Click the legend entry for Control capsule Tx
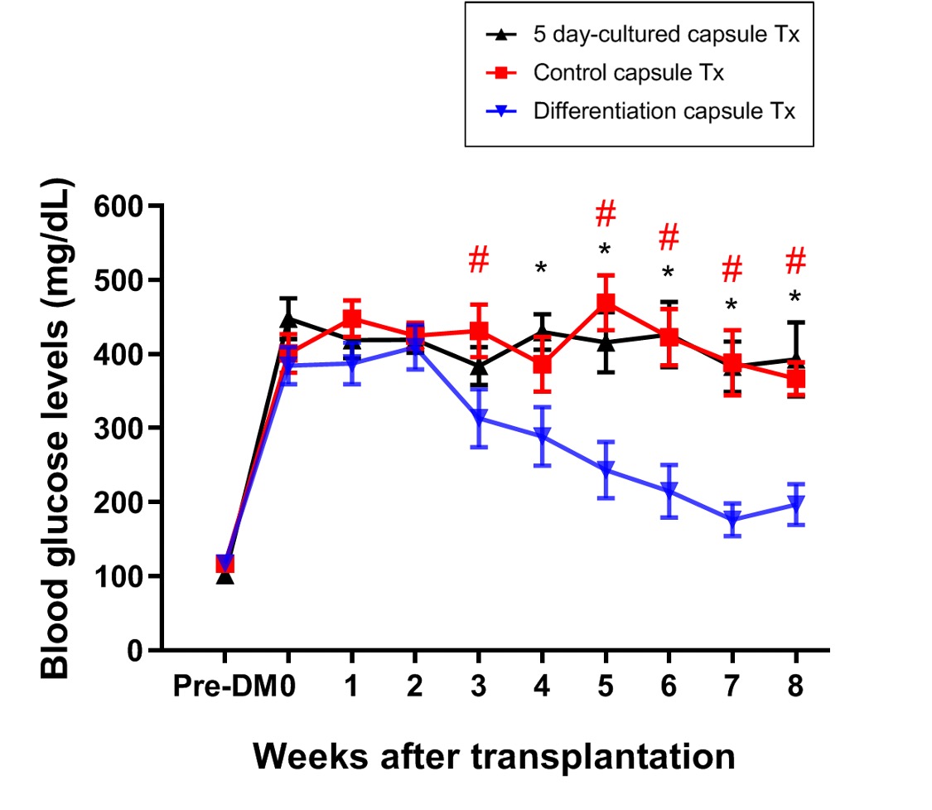pyautogui.click(x=629, y=73)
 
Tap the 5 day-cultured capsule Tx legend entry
pyautogui.click(x=667, y=36)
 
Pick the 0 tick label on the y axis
pyautogui.click(x=142, y=651)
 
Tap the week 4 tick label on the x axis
pyautogui.click(x=542, y=687)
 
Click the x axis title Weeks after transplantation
pyautogui.click(x=494, y=756)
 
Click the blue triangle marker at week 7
pyautogui.click(x=732, y=521)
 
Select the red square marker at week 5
pyautogui.click(x=606, y=303)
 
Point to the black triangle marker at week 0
pyautogui.click(x=288, y=319)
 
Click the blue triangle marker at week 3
pyautogui.click(x=479, y=419)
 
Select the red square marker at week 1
pyautogui.click(x=352, y=319)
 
